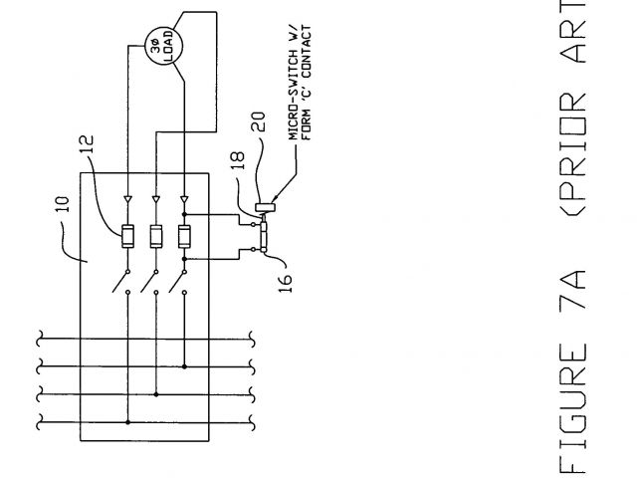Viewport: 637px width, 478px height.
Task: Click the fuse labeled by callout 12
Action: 128,237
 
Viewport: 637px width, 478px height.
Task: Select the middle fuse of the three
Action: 156,237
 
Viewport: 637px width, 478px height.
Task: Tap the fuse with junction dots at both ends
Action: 184,237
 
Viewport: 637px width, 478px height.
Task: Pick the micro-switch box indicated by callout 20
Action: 267,206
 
